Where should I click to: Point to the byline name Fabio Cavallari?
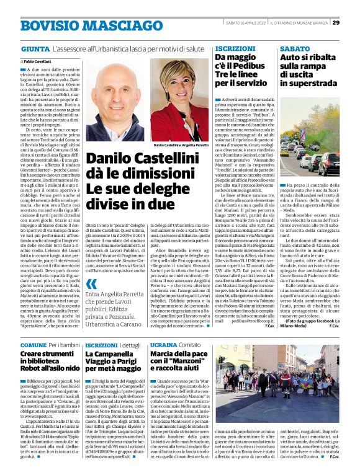point(38,62)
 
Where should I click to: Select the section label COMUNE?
point(33,344)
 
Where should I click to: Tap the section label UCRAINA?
point(163,344)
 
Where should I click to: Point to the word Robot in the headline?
point(33,368)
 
